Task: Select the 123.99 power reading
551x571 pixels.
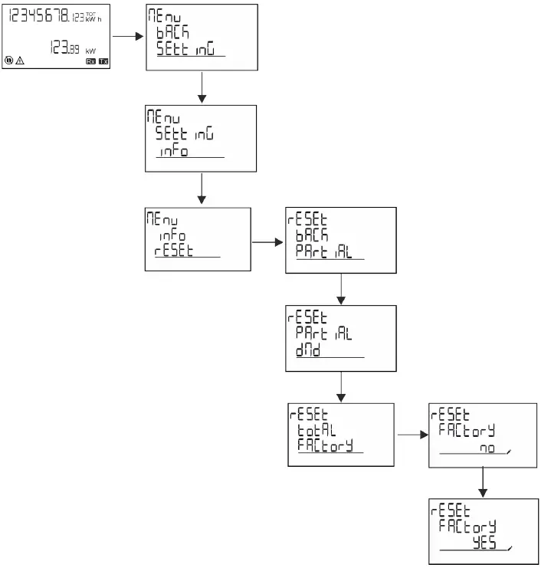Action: click(x=66, y=48)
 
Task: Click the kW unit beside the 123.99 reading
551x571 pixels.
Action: click(x=90, y=51)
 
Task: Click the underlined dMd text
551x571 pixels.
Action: click(x=309, y=350)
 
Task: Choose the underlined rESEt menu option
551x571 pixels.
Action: click(x=173, y=250)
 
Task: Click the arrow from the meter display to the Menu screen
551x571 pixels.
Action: click(x=128, y=35)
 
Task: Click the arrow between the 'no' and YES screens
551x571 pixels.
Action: click(x=482, y=481)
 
